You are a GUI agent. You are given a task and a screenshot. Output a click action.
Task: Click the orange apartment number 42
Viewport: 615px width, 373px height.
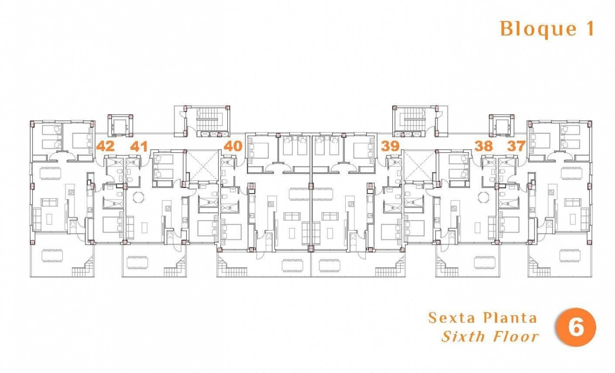[x=105, y=146]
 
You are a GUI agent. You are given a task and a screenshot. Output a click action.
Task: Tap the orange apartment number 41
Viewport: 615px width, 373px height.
[x=138, y=146]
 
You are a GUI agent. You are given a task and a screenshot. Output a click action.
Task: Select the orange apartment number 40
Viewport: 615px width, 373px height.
[x=233, y=146]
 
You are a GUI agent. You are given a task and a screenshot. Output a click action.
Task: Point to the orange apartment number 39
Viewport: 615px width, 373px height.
[x=390, y=146]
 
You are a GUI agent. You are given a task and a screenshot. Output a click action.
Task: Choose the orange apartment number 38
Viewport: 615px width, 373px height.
[x=484, y=146]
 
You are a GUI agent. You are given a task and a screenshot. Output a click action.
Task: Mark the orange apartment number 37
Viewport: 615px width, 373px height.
[x=516, y=146]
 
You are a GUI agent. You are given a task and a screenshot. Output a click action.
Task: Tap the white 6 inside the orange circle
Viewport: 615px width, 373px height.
[x=576, y=327]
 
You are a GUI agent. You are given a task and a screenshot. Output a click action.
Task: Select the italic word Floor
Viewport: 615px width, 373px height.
[x=516, y=336]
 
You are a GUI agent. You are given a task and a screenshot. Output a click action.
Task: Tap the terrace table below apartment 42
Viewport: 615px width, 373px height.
[x=52, y=256]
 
